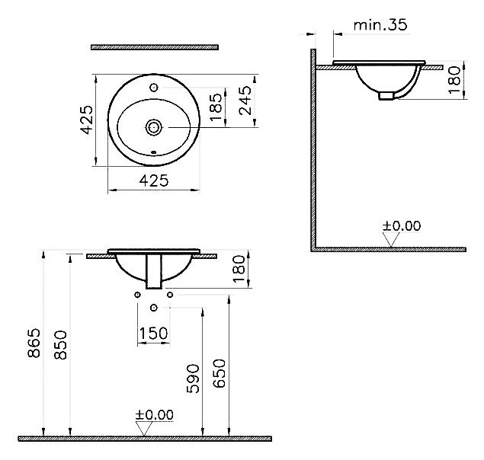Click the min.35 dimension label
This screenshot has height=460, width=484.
380,24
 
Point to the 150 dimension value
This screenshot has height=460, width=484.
153,334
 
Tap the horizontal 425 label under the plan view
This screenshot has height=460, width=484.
154,180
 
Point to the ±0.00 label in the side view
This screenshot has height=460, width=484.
401,225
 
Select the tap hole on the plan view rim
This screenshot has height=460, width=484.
154,88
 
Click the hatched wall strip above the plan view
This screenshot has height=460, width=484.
154,47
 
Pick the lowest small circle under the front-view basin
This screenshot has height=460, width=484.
154,308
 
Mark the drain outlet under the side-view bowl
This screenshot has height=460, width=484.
388,95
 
